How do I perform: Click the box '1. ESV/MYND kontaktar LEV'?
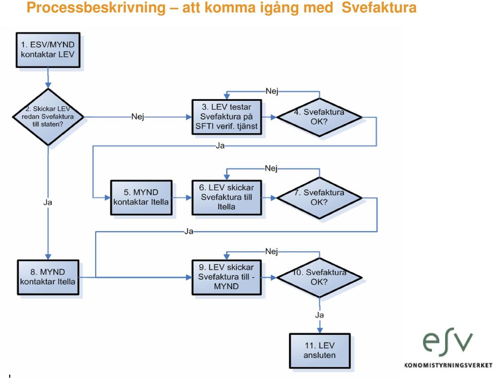(48, 50)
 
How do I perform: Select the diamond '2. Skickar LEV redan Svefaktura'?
(48, 117)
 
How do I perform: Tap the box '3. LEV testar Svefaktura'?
(226, 117)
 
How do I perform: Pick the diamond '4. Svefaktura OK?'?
(319, 117)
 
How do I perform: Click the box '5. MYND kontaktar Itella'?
(141, 197)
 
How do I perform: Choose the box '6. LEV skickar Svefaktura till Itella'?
(226, 197)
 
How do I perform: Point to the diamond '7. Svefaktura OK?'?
(319, 198)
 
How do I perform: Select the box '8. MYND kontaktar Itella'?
(48, 277)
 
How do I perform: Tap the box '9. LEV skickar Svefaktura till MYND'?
(226, 277)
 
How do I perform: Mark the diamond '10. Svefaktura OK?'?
(319, 278)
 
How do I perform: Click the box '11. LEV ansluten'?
(320, 351)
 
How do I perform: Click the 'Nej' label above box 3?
(272, 91)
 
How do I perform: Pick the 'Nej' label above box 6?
(271, 168)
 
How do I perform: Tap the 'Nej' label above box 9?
(272, 251)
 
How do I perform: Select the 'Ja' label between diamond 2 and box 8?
(48, 202)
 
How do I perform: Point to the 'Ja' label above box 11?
(319, 315)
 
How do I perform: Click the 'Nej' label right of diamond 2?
(138, 117)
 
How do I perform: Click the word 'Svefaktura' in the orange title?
(379, 8)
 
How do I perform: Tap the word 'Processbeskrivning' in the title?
(96, 8)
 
